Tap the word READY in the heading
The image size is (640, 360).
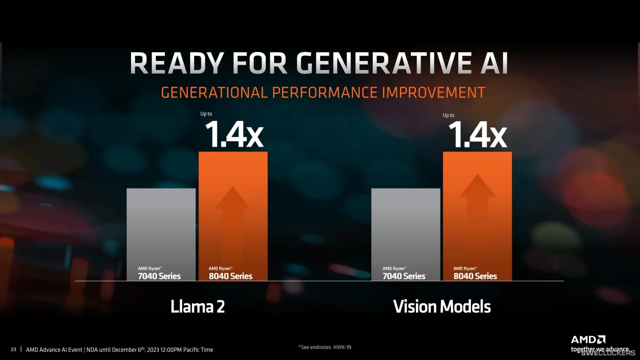(x=176, y=63)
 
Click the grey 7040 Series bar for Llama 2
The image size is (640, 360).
(x=161, y=227)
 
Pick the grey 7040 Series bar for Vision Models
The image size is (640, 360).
(x=406, y=227)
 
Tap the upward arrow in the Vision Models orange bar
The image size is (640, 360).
(x=477, y=207)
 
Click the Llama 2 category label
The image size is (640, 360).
(x=198, y=307)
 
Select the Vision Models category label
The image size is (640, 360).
(x=442, y=307)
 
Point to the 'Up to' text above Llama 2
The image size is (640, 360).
(x=206, y=114)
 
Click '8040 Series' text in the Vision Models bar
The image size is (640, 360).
(x=475, y=276)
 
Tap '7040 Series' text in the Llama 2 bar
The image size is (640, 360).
(x=159, y=276)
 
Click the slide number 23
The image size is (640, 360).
(x=13, y=349)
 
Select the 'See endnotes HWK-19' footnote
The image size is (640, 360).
(x=325, y=347)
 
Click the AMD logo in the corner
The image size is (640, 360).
(x=588, y=340)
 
